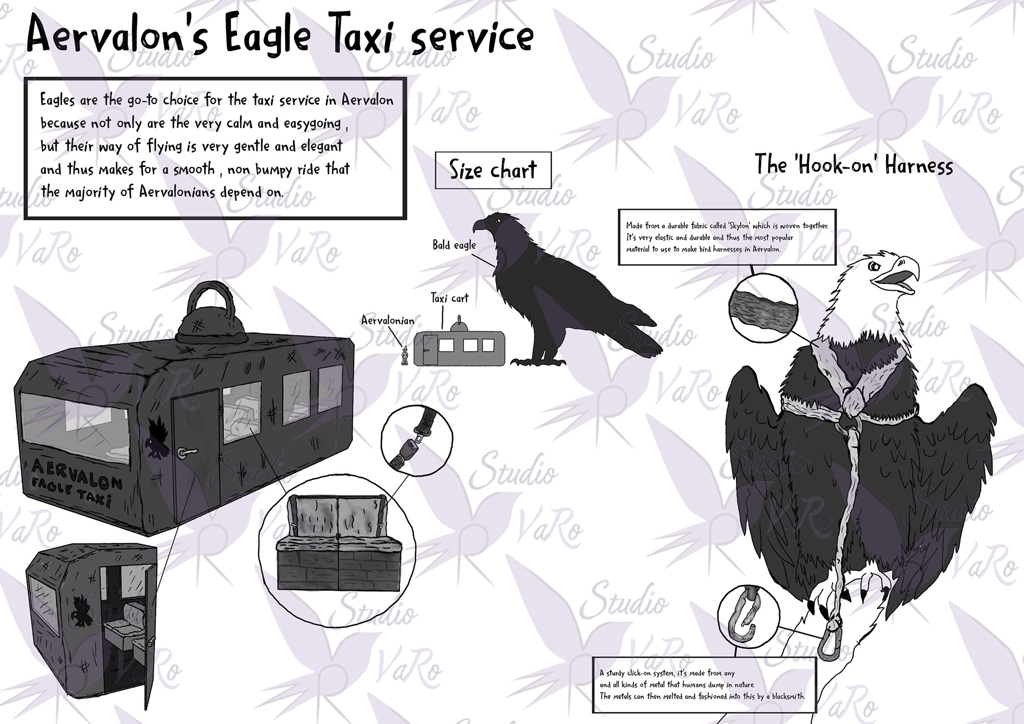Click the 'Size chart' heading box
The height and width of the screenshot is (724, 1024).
[x=493, y=170]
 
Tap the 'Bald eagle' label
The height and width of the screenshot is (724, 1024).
[x=454, y=245]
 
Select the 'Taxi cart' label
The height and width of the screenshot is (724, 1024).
[x=450, y=298]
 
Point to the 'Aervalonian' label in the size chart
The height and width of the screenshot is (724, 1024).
[x=388, y=320]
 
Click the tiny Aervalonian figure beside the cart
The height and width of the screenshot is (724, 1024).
[x=405, y=355]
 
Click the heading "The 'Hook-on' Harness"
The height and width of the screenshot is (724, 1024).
[x=854, y=165]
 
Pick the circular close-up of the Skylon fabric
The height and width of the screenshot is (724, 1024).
[x=763, y=308]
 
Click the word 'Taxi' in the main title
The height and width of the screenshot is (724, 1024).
[x=360, y=37]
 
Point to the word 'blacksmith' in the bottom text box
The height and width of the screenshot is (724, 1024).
[x=787, y=696]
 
